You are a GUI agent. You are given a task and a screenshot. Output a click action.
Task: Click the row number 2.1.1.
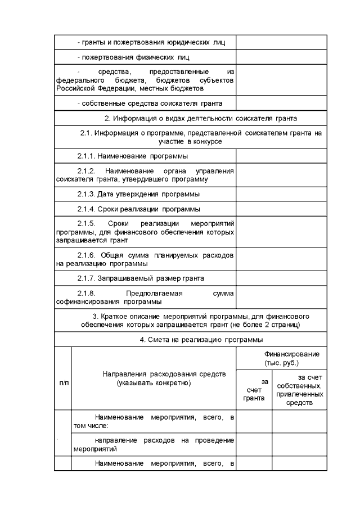pos(87,156)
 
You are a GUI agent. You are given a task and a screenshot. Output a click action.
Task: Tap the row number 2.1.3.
pos(87,194)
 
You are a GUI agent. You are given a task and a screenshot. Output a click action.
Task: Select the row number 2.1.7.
pos(87,278)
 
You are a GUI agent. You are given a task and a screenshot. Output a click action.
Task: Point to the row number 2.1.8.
pos(87,293)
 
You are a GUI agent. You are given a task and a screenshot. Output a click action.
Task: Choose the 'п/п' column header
pos(63,382)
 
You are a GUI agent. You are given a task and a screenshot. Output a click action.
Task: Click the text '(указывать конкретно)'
pos(154,383)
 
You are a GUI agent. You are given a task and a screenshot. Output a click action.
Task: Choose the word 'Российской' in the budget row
pos(75,88)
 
